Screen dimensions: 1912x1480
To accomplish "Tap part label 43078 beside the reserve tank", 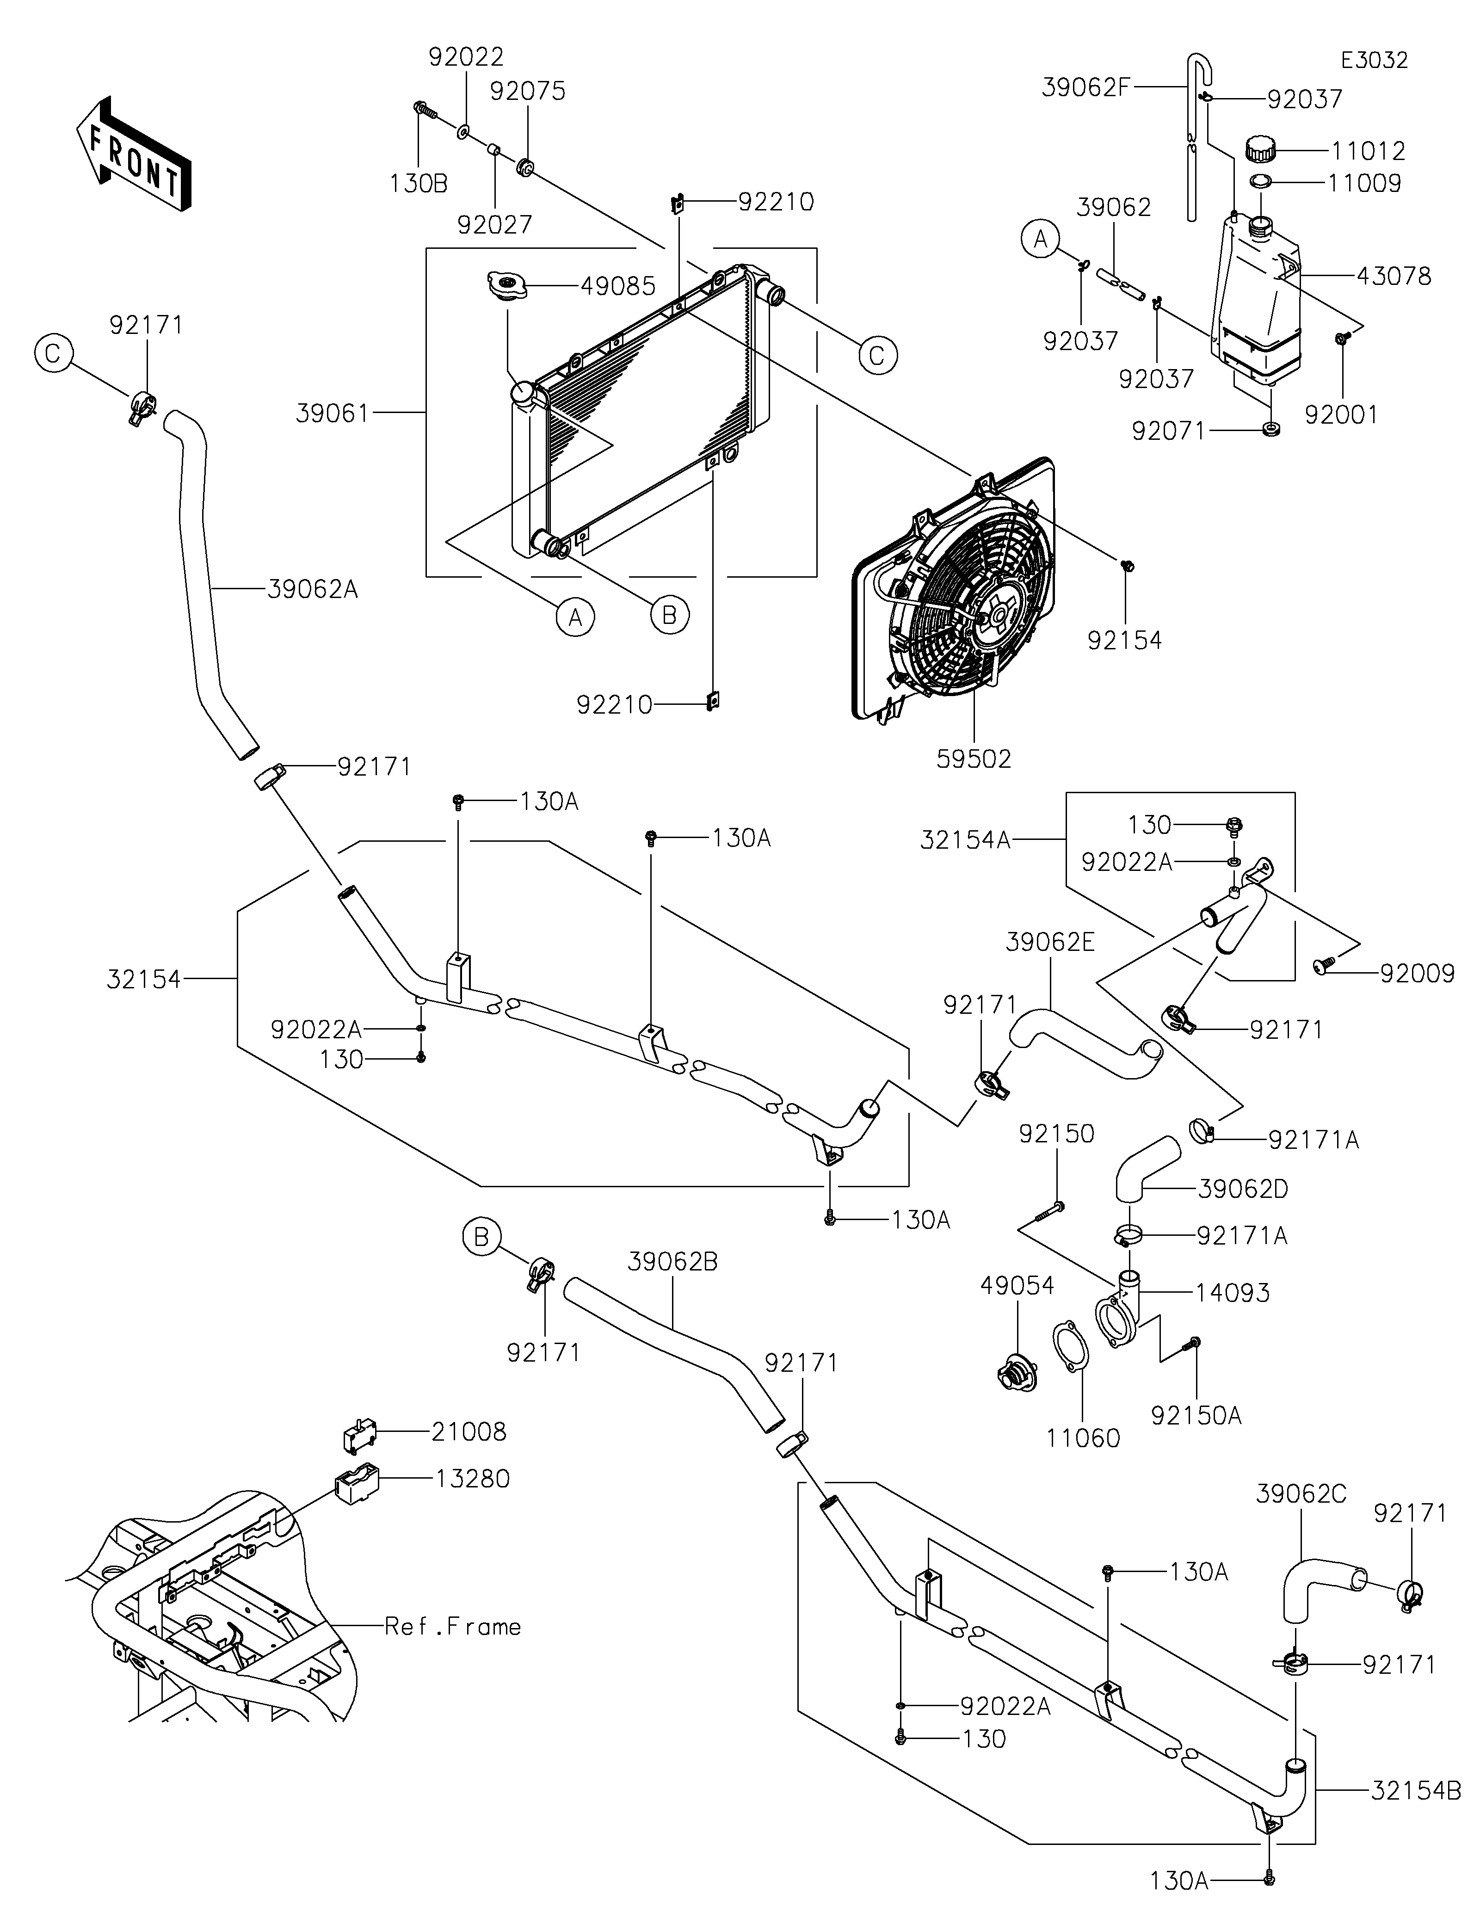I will click(x=1394, y=277).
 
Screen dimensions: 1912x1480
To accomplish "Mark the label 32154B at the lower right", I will click(x=1415, y=1791).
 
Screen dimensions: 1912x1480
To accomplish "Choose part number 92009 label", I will click(x=1417, y=974).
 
